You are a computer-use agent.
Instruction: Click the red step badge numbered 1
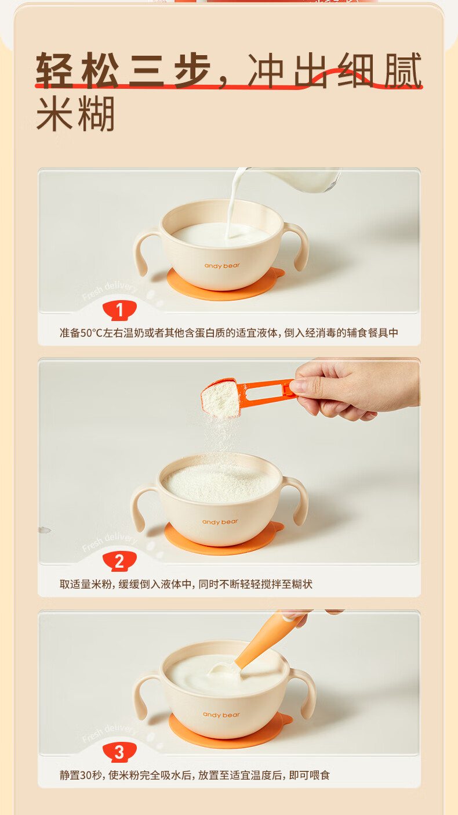tap(119, 310)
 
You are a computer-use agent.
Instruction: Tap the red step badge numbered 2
tap(119, 561)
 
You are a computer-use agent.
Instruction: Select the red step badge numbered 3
tap(119, 752)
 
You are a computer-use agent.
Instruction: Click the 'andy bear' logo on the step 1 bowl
tap(222, 266)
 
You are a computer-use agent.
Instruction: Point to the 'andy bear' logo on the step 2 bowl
tap(220, 522)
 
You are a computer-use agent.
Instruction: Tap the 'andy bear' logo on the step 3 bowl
tap(221, 715)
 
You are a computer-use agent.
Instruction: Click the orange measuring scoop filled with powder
tap(247, 396)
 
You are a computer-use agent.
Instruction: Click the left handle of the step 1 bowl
tap(146, 251)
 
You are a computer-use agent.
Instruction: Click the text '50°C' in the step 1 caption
tap(92, 333)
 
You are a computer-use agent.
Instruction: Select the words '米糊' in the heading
tap(75, 114)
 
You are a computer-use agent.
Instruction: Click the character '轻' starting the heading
tap(54, 70)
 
